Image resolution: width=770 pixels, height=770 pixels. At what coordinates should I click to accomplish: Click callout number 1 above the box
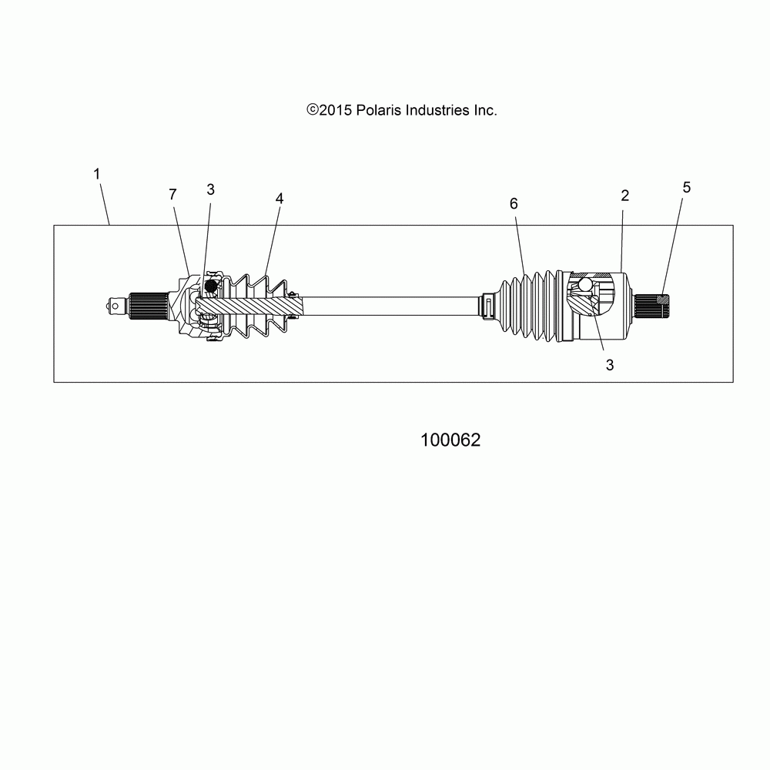(x=97, y=175)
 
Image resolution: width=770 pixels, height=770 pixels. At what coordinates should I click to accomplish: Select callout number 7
(x=172, y=195)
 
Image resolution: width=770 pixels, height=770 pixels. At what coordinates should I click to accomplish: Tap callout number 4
(x=210, y=189)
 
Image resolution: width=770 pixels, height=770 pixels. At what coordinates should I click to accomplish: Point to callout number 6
(x=279, y=198)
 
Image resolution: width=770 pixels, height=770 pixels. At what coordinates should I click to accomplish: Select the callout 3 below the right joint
(x=609, y=366)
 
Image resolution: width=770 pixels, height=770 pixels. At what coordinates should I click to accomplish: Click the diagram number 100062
(x=450, y=440)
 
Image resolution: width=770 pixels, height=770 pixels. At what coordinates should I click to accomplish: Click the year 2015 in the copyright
(x=336, y=110)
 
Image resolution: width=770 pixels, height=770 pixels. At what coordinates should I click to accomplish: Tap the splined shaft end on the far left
(x=150, y=306)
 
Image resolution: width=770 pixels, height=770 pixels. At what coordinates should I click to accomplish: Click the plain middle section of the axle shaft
(x=393, y=305)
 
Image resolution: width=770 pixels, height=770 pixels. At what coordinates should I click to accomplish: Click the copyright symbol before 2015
(x=312, y=110)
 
